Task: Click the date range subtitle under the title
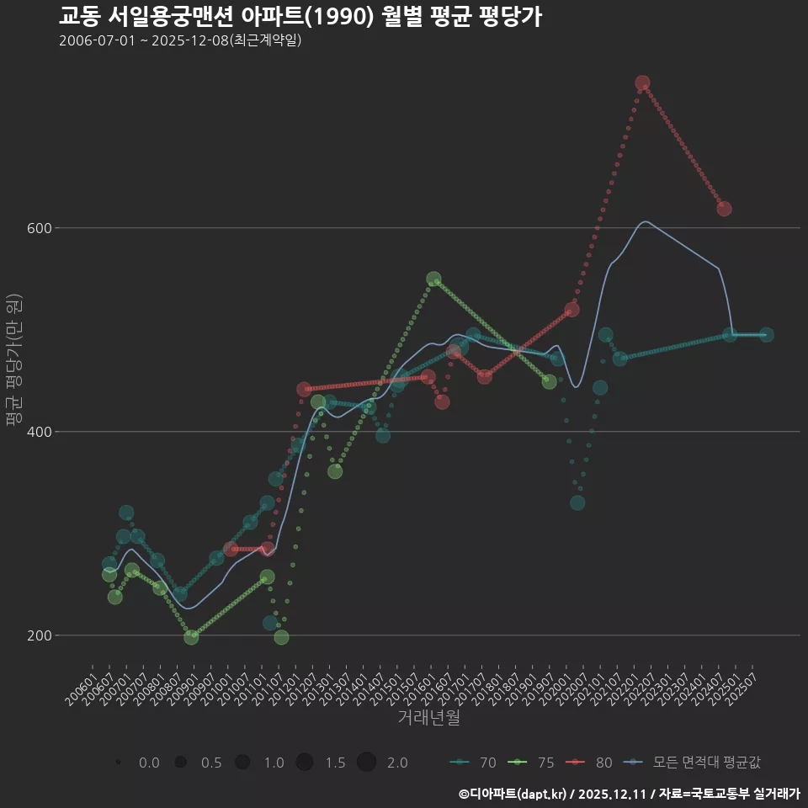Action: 180,41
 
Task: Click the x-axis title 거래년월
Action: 428,718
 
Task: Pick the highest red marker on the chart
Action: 642,82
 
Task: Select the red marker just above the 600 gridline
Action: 724,209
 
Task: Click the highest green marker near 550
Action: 433,279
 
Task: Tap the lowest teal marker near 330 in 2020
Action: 577,502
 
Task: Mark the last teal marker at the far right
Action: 767,335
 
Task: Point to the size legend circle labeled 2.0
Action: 366,763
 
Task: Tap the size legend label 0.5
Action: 211,763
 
